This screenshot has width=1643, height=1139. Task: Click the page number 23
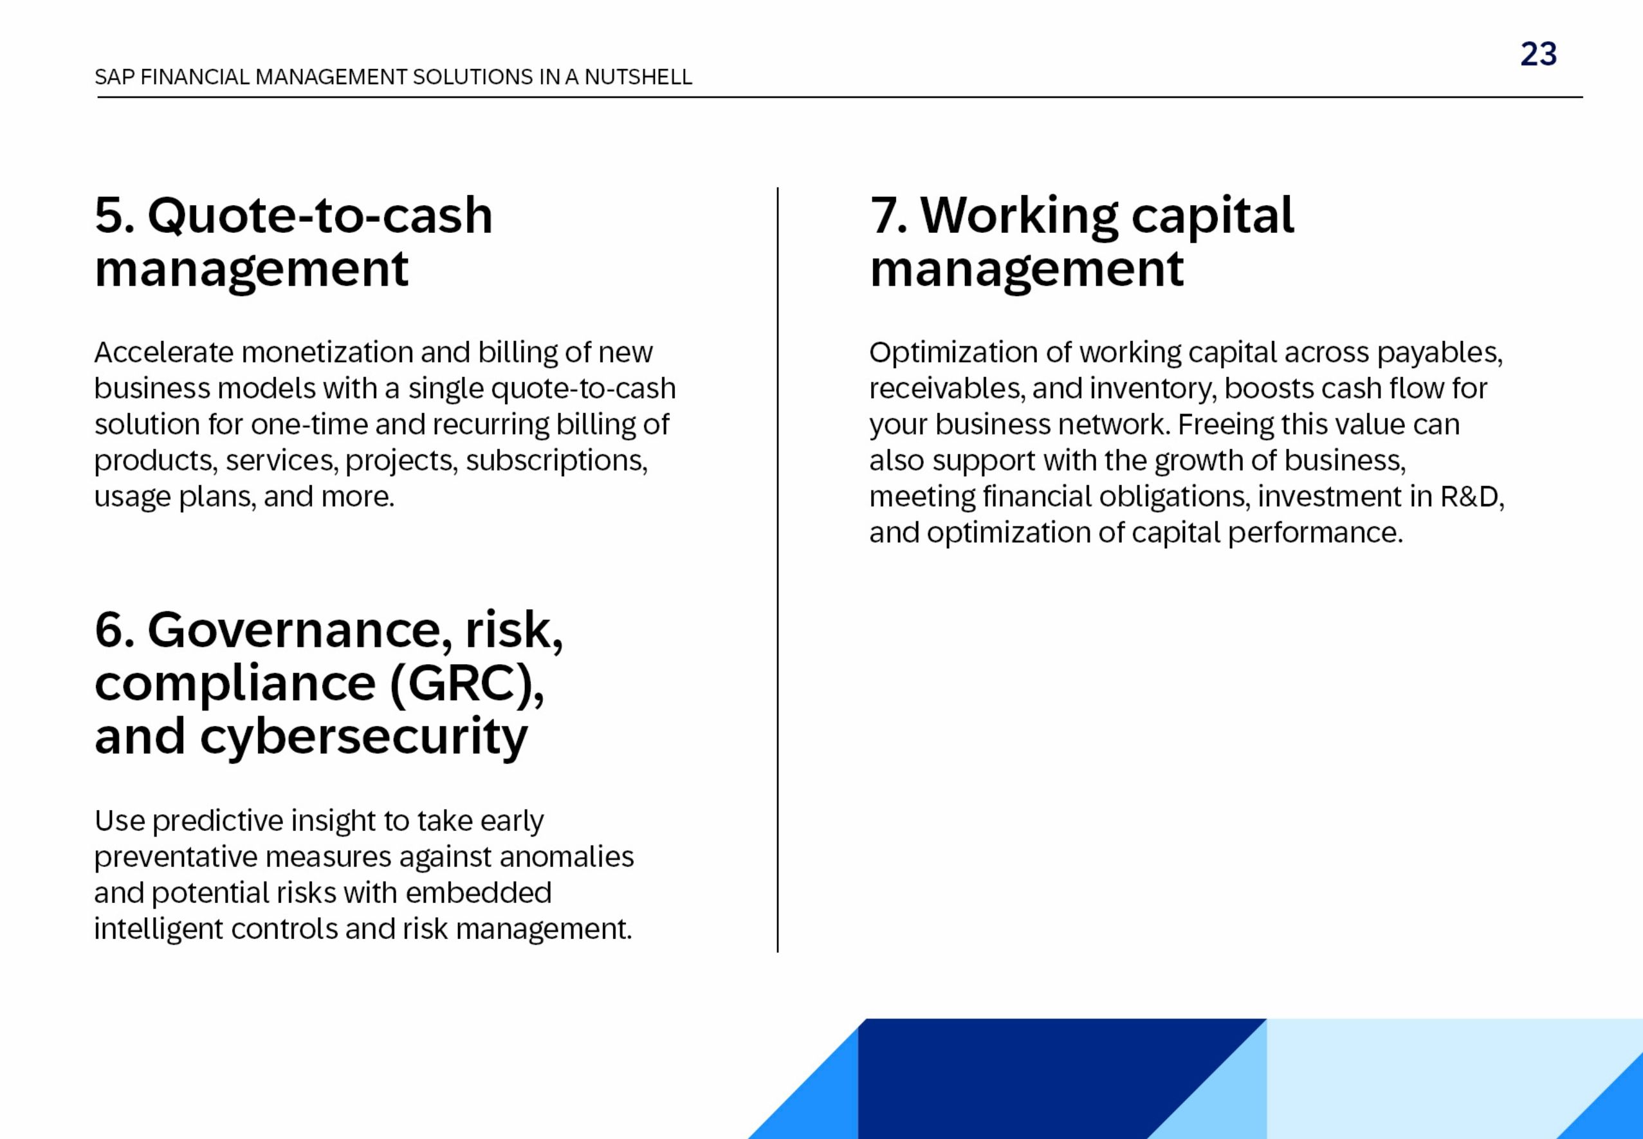pyautogui.click(x=1538, y=54)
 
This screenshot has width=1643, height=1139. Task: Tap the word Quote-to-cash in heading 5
pyautogui.click(x=320, y=216)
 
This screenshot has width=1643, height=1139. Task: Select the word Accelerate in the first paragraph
pyautogui.click(x=163, y=353)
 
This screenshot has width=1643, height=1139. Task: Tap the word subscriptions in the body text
pyautogui.click(x=556, y=461)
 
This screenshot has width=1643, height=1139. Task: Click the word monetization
pyautogui.click(x=327, y=353)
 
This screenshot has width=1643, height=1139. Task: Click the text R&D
pyautogui.click(x=1471, y=497)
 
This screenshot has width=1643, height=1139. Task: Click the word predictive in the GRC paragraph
pyautogui.click(x=217, y=821)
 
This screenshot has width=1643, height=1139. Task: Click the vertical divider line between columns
pyautogui.click(x=778, y=571)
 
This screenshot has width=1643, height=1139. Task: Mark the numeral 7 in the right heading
pyautogui.click(x=883, y=216)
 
